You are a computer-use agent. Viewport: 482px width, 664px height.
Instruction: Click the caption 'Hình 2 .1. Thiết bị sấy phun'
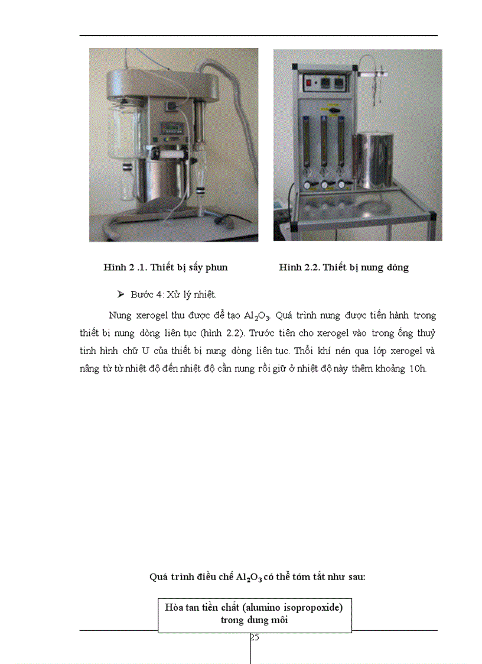pos(165,267)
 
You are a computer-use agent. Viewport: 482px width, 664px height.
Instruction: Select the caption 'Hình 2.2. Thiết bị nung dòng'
pos(344,267)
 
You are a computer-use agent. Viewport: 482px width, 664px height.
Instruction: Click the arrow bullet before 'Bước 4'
pos(121,294)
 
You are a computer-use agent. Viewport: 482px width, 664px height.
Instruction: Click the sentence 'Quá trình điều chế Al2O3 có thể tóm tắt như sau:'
pos(258,577)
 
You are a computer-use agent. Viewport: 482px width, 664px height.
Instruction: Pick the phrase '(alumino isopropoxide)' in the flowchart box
pos(289,608)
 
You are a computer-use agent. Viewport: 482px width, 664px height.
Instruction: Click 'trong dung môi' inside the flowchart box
pos(255,620)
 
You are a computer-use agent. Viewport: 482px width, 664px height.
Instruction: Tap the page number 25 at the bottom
pos(255,637)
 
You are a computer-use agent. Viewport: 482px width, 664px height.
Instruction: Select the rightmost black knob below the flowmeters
pos(341,184)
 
